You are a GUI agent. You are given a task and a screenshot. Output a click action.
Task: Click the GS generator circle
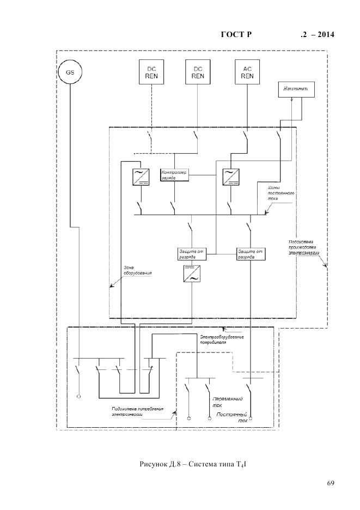click(71, 72)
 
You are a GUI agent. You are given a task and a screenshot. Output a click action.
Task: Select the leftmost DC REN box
click(151, 72)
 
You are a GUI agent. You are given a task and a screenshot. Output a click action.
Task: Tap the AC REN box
click(247, 72)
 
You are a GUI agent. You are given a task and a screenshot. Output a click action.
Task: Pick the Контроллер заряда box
click(174, 174)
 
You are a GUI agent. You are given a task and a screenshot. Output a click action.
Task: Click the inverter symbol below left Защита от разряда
click(192, 274)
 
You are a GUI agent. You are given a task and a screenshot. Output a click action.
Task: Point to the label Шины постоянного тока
click(281, 193)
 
